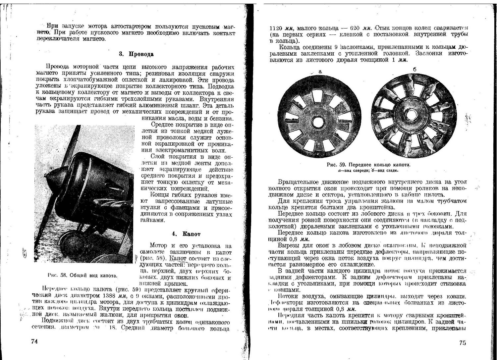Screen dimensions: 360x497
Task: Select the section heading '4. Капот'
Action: click(186, 234)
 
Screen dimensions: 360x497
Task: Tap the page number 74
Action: click(34, 341)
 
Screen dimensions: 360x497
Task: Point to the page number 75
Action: click(463, 343)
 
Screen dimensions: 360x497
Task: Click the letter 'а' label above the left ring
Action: click(320, 71)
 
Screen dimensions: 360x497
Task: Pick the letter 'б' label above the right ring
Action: click(414, 69)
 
